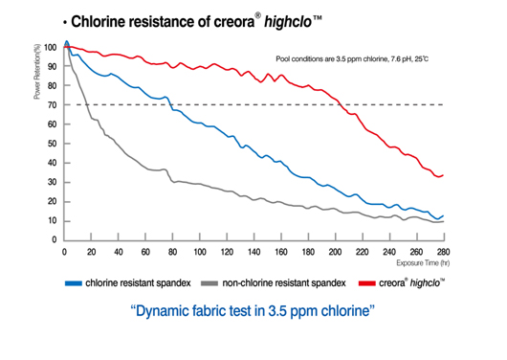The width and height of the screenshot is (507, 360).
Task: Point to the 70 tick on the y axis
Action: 53,104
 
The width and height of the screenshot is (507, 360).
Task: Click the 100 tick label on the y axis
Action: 50,47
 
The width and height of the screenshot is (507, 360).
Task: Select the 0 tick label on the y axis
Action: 55,239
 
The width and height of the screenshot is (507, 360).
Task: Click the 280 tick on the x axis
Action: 443,252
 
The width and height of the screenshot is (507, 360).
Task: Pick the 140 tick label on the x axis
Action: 253,252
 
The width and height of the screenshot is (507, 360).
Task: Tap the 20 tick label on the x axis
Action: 91,252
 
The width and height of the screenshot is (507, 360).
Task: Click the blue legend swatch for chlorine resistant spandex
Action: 73,282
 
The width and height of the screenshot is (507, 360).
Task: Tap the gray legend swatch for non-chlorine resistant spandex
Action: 209,282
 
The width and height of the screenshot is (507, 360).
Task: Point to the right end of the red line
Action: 443,175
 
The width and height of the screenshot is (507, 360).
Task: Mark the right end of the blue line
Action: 443,215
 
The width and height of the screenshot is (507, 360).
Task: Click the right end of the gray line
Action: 443,221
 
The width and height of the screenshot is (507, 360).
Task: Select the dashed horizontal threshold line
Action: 287,104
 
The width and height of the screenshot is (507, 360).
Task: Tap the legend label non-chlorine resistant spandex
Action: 284,282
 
